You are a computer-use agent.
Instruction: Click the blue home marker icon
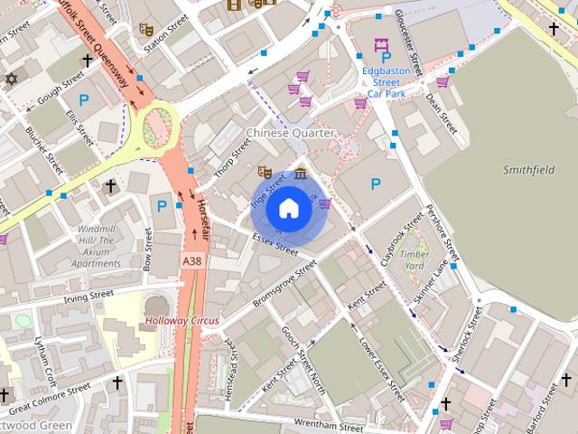pos(289,209)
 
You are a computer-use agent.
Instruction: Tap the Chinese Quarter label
pos(290,133)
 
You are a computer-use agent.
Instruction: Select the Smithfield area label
pos(528,169)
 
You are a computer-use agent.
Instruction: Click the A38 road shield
pos(191,260)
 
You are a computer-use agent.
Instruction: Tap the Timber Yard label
pos(415,259)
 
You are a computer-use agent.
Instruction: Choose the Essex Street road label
pos(275,242)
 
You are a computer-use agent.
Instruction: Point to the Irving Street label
pos(89,295)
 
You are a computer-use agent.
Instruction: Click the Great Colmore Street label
pos(50,394)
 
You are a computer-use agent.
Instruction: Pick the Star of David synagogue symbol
pos(11,80)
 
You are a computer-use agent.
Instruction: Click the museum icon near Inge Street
pos(300,173)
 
